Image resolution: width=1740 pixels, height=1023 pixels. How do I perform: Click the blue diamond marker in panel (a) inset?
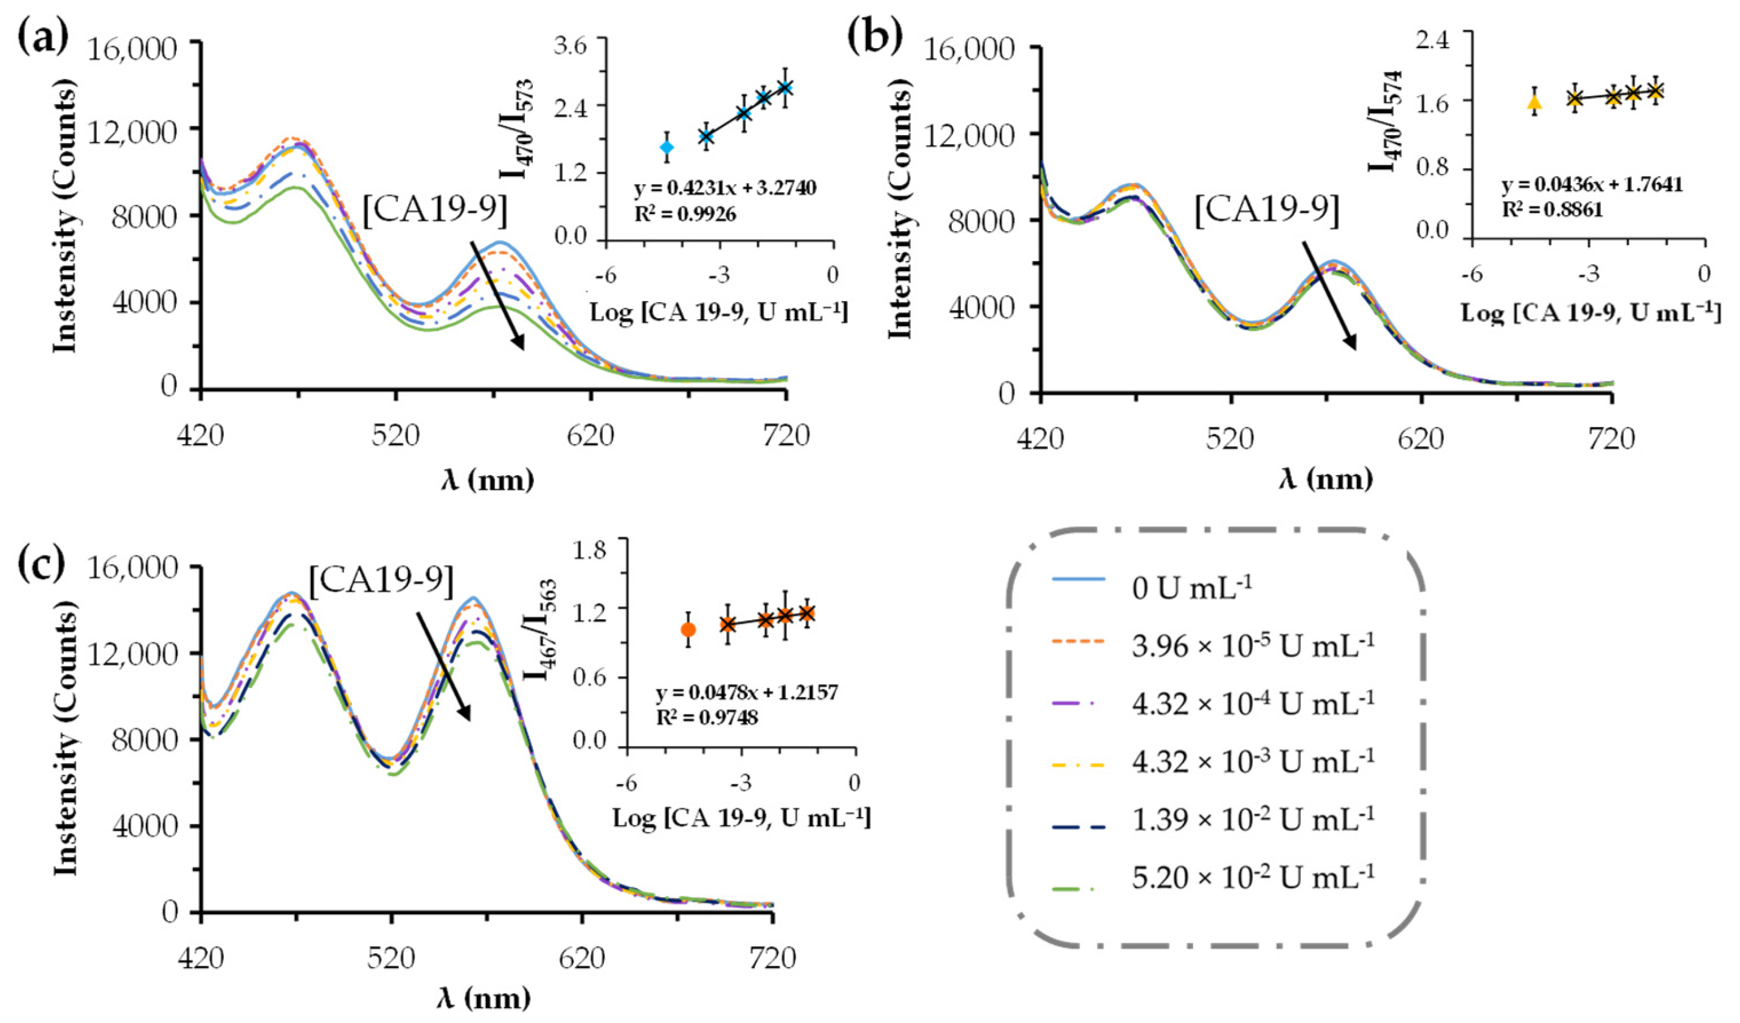click(x=667, y=147)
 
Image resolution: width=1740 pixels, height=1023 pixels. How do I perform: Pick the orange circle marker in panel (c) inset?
click(x=688, y=629)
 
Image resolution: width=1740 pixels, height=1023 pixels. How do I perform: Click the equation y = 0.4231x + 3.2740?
click(x=725, y=188)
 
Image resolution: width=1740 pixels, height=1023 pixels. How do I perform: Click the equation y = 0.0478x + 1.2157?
click(x=746, y=693)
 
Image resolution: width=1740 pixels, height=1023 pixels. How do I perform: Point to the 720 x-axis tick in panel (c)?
click(x=772, y=959)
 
